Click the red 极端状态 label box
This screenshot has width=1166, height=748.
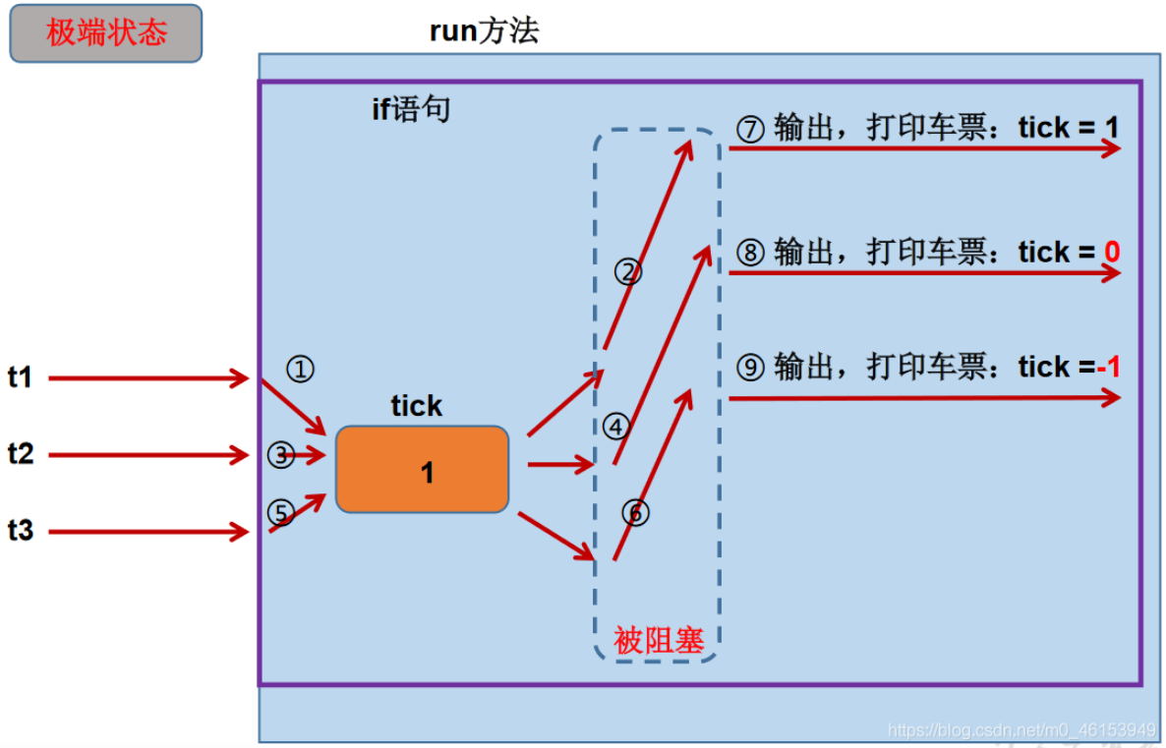pyautogui.click(x=105, y=33)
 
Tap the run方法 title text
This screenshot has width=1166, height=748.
pyautogui.click(x=484, y=30)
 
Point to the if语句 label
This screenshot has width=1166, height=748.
pyautogui.click(x=411, y=109)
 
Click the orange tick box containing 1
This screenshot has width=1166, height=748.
pyautogui.click(x=423, y=469)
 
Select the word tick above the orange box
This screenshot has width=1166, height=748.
pyautogui.click(x=417, y=406)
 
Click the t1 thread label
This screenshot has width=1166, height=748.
pyautogui.click(x=20, y=377)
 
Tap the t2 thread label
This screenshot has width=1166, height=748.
pyautogui.click(x=20, y=453)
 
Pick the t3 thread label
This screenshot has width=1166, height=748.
pyautogui.click(x=20, y=530)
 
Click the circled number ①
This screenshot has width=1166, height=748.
pyautogui.click(x=301, y=368)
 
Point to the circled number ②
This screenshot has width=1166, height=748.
pyautogui.click(x=628, y=272)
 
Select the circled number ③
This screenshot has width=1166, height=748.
pyautogui.click(x=281, y=454)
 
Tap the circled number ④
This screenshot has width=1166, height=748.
pyautogui.click(x=616, y=427)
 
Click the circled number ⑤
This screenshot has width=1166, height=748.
pyautogui.click(x=281, y=512)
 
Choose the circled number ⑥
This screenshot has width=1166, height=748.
pyautogui.click(x=636, y=512)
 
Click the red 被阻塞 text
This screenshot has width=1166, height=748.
pyautogui.click(x=659, y=640)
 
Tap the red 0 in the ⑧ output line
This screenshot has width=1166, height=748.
pyautogui.click(x=1112, y=252)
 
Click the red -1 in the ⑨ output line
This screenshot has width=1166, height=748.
pyautogui.click(x=1109, y=367)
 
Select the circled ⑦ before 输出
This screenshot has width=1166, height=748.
pyautogui.click(x=750, y=130)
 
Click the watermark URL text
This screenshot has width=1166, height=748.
pyautogui.click(x=1021, y=730)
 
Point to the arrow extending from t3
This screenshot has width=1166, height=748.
pyautogui.click(x=148, y=532)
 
